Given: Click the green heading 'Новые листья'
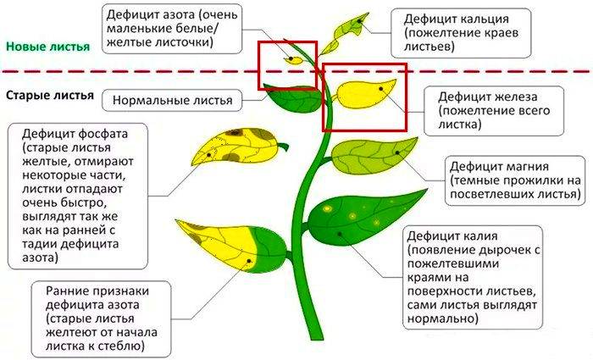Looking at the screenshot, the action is tap(48, 47).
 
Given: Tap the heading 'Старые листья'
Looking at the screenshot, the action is tap(49, 95).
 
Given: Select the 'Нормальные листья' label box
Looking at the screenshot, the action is tap(172, 101).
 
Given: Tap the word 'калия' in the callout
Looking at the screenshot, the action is tap(480, 236).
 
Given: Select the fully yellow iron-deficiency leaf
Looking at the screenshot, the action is tap(363, 94).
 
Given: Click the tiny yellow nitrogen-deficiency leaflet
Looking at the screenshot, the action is tap(293, 60).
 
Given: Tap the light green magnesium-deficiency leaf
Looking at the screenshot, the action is tap(374, 155).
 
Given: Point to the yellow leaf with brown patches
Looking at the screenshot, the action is tap(237, 147).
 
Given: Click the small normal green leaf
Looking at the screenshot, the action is tap(293, 98).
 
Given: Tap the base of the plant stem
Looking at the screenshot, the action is tap(315, 335).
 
